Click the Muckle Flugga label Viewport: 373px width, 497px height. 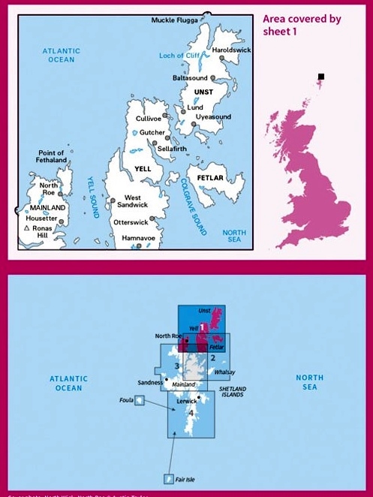click(173, 20)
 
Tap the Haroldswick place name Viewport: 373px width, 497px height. click(231, 50)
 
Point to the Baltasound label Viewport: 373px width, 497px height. click(190, 78)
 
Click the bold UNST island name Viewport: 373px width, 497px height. click(203, 92)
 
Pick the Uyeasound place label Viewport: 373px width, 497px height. click(212, 117)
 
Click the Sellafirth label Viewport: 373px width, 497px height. click(173, 149)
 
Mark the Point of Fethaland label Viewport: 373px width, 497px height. click(51, 156)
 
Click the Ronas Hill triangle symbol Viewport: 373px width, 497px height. click(27, 228)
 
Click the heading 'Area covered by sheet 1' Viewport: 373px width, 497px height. click(302, 25)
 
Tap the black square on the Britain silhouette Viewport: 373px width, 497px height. click(321, 77)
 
